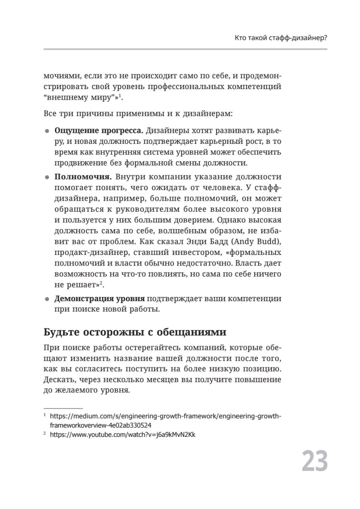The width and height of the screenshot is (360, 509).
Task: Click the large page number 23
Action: coord(315,461)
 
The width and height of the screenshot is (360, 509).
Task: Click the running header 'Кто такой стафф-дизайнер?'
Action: coord(281,38)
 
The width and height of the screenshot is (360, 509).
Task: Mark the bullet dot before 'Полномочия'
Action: coord(47,177)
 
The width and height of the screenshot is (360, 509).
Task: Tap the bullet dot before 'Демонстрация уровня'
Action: coord(47,299)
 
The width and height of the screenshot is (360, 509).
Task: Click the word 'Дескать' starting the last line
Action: coord(58,379)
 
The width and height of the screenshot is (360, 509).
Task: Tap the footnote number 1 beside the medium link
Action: coord(45,416)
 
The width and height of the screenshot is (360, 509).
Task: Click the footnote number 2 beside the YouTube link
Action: coord(45,434)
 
